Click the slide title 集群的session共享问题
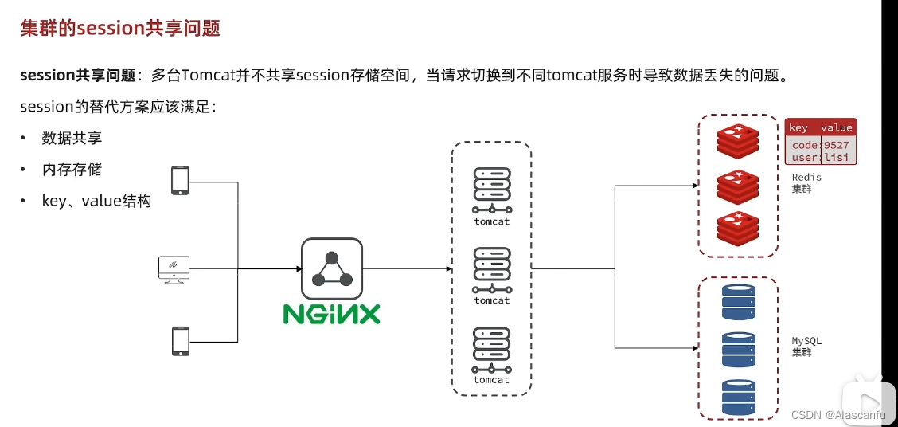click(120, 29)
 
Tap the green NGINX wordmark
click(331, 313)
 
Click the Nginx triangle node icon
click(332, 268)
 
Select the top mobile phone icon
click(180, 181)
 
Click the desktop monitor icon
click(174, 269)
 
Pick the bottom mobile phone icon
click(180, 341)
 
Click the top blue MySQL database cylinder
click(738, 301)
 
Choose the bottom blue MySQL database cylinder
click(738, 396)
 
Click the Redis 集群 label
click(806, 182)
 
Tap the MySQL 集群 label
click(806, 347)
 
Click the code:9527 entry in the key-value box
click(821, 145)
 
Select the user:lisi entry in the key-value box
click(821, 157)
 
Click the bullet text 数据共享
click(72, 138)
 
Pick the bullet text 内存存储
click(72, 169)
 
